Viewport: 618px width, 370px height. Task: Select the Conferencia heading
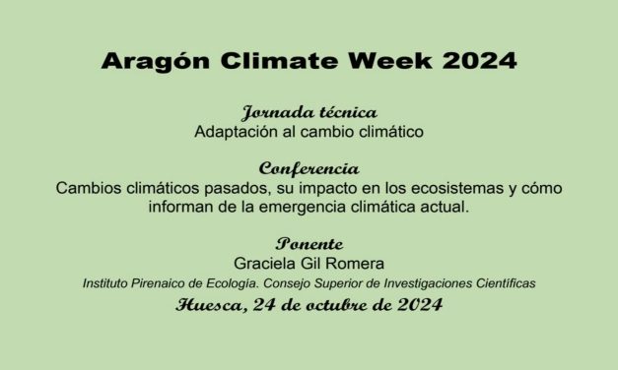[x=309, y=167]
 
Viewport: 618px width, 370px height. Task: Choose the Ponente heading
[x=309, y=244]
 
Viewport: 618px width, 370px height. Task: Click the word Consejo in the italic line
[x=291, y=283]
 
